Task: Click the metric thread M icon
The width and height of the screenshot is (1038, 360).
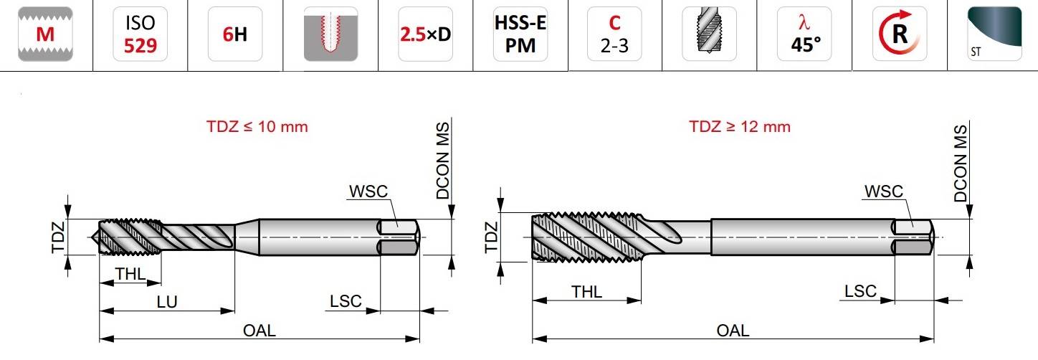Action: [x=45, y=34]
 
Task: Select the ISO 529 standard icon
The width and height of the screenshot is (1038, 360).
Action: [x=140, y=34]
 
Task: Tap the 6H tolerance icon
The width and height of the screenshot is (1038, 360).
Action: [x=235, y=34]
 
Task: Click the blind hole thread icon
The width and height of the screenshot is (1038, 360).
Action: [x=330, y=34]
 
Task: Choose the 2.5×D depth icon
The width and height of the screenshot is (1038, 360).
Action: [x=425, y=34]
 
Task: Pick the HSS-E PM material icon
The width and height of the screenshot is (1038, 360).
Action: [x=520, y=34]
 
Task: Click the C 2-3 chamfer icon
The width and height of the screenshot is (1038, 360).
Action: [x=614, y=34]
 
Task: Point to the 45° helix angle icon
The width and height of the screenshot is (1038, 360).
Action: [x=804, y=34]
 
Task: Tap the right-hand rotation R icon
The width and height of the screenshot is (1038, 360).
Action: [x=900, y=34]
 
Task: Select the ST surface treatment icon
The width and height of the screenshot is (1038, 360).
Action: [x=994, y=34]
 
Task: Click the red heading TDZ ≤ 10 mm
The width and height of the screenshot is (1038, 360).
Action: [x=257, y=126]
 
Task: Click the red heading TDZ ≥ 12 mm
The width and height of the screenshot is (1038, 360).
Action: [x=740, y=126]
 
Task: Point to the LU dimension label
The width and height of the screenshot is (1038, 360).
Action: [x=167, y=302]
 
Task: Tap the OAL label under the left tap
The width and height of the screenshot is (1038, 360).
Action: [x=259, y=331]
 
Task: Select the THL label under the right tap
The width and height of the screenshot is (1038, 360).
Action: [x=586, y=292]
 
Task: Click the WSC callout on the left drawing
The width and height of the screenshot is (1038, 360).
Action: [x=368, y=191]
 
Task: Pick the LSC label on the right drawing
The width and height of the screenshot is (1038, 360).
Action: [x=860, y=291]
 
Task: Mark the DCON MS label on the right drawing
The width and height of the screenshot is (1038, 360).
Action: [x=961, y=163]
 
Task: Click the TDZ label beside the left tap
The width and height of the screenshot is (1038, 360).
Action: [x=58, y=237]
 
